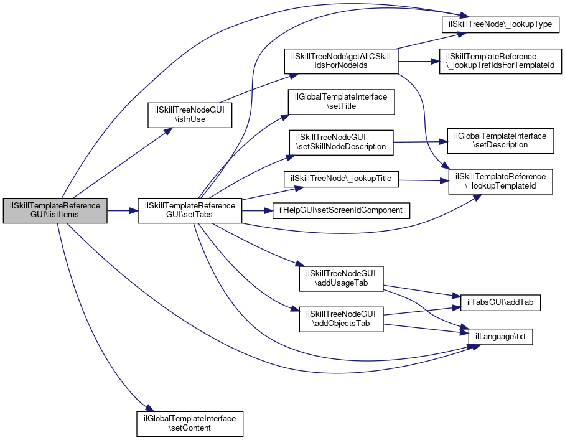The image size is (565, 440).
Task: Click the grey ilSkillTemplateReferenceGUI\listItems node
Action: coord(55,212)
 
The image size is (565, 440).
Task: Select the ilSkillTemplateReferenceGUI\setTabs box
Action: coord(190,212)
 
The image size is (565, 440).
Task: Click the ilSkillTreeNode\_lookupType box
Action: coord(501,25)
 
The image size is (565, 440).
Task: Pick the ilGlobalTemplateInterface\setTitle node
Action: coord(340,102)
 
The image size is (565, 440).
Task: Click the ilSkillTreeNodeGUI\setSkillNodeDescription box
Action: coord(340,143)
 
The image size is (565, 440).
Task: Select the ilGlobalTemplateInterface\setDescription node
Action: coord(500,140)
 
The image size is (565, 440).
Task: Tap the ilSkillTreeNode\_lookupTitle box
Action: coord(340,179)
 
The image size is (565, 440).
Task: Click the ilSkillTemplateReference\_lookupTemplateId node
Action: coord(500,181)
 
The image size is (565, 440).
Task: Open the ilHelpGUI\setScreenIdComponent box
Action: coord(341,210)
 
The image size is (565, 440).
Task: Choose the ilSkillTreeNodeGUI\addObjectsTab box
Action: coord(340,319)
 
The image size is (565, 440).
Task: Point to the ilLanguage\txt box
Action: coord(500,336)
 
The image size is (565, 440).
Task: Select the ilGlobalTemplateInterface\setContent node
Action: coord(189,423)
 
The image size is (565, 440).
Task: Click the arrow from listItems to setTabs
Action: coord(122,212)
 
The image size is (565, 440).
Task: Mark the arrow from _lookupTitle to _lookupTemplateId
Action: coord(423,180)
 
